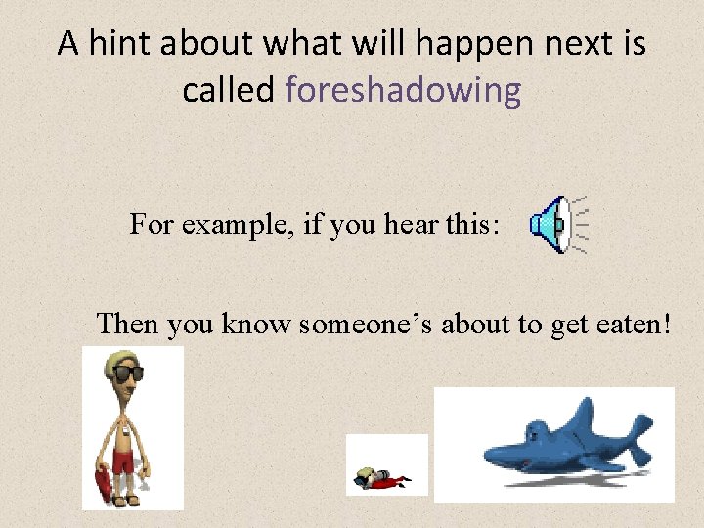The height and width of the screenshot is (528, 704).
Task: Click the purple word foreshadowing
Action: click(403, 90)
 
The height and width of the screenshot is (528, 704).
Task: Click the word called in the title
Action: click(228, 90)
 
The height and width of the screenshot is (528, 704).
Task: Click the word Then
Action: click(128, 324)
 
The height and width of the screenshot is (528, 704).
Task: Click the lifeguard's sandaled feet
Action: click(126, 500)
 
